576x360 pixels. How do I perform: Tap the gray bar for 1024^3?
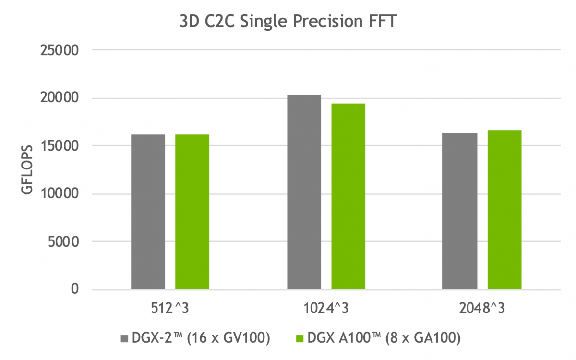tap(304, 192)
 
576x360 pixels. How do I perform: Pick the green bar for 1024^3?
tap(348, 197)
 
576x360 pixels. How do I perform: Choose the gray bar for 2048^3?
tap(460, 211)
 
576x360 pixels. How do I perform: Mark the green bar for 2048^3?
tap(504, 210)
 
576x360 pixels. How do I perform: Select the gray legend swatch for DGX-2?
tap(124, 339)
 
